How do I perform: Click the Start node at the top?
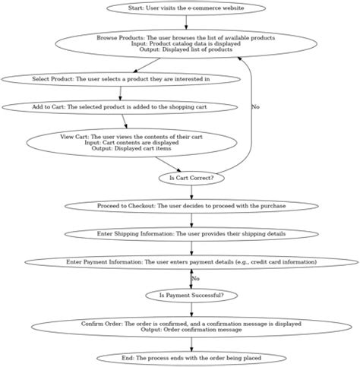point(186,8)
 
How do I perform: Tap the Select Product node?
point(120,78)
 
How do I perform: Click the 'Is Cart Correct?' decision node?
point(191,178)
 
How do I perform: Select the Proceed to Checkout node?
point(191,206)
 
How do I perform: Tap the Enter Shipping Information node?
point(191,234)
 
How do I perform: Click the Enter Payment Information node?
point(191,262)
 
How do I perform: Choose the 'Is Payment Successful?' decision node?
point(191,294)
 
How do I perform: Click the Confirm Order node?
point(191,327)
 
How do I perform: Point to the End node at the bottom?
point(191,358)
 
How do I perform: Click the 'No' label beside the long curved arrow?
point(254,107)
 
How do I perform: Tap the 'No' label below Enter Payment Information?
point(195,278)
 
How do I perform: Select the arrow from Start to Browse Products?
point(186,21)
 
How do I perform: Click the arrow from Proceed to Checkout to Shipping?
point(191,220)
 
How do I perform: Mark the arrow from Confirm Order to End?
point(191,344)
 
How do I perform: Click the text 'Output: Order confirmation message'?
point(191,331)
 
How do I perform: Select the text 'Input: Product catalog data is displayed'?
point(186,44)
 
